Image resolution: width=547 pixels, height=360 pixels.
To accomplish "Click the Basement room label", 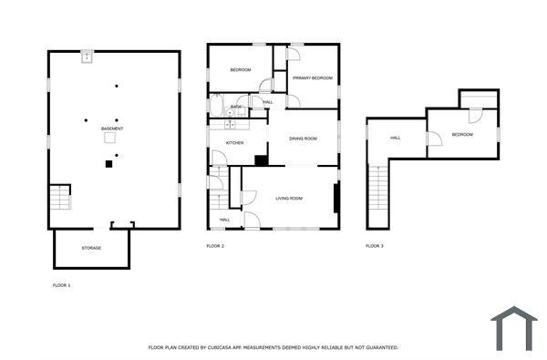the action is tap(112, 129).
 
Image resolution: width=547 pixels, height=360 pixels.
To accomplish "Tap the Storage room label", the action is tap(91, 248).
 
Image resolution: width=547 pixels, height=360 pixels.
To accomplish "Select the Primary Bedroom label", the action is tap(313, 78).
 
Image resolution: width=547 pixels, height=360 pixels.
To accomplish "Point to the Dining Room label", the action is tap(304, 139).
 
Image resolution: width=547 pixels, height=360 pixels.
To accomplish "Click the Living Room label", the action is tap(289, 199).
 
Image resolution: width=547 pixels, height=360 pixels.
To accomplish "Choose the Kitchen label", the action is tap(235, 143).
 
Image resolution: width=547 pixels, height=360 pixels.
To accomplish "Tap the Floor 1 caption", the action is tap(62, 285).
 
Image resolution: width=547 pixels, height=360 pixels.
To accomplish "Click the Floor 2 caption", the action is tap(215, 246).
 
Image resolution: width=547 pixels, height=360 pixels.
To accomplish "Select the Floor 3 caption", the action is tap(375, 246).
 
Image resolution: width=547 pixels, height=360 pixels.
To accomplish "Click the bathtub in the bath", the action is tap(216, 106).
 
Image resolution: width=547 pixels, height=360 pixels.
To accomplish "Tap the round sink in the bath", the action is tap(230, 112).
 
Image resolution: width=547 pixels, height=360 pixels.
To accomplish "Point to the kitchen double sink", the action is tap(230, 125).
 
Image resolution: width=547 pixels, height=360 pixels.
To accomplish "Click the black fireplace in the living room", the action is tap(336, 198).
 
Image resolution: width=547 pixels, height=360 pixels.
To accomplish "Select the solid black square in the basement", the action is tap(108, 164).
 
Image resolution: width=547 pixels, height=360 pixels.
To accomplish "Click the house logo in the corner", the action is tap(514, 328).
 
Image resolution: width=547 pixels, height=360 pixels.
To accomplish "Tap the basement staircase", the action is tap(60, 198).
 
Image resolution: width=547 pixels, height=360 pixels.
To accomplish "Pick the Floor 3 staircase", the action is tap(378, 188).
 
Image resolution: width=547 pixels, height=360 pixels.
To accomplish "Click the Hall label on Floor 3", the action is tap(396, 139).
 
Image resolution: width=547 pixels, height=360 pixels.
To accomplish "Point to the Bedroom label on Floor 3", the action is tap(462, 135).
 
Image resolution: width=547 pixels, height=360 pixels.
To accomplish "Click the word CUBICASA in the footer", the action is tap(221, 347).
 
